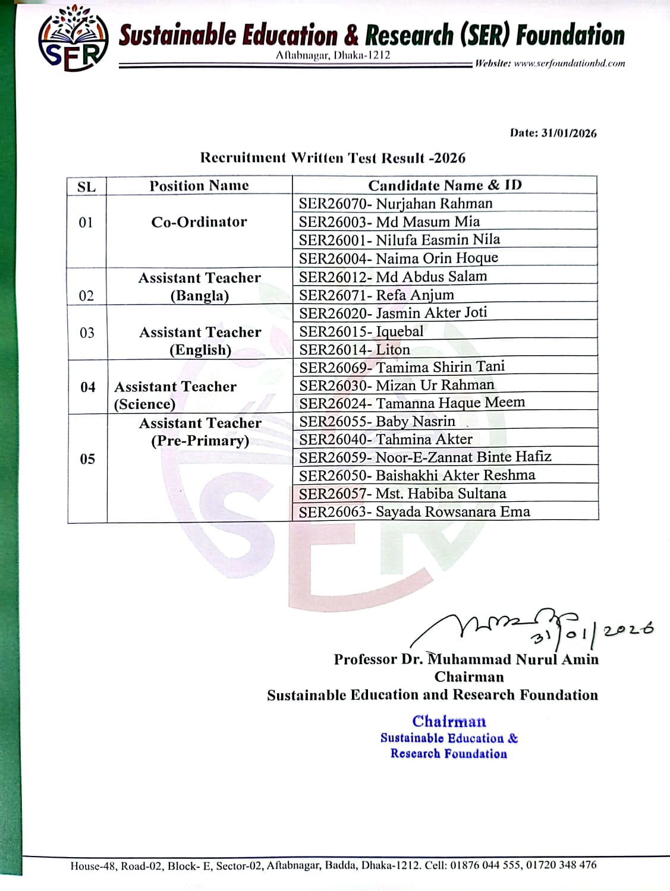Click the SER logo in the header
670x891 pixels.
click(x=73, y=39)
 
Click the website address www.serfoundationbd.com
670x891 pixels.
click(x=569, y=64)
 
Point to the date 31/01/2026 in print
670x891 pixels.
click(x=569, y=133)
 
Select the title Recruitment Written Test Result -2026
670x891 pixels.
click(x=333, y=158)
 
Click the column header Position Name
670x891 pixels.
click(x=199, y=186)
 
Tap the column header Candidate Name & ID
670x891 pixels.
click(x=445, y=185)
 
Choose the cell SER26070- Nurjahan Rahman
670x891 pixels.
click(x=396, y=204)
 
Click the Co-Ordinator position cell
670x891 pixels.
click(x=199, y=222)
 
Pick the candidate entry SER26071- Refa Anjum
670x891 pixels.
click(x=377, y=295)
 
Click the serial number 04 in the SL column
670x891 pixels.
click(x=88, y=387)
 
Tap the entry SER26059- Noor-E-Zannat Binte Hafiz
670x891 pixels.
click(x=425, y=457)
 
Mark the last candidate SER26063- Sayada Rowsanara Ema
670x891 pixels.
click(x=414, y=511)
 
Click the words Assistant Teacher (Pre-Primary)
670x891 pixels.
click(x=200, y=432)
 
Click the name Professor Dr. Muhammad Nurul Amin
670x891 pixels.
click(x=466, y=659)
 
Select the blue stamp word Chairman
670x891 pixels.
click(x=449, y=721)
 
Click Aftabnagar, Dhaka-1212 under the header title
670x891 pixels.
click(x=333, y=55)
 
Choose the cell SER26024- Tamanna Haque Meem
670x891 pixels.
click(x=412, y=403)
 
